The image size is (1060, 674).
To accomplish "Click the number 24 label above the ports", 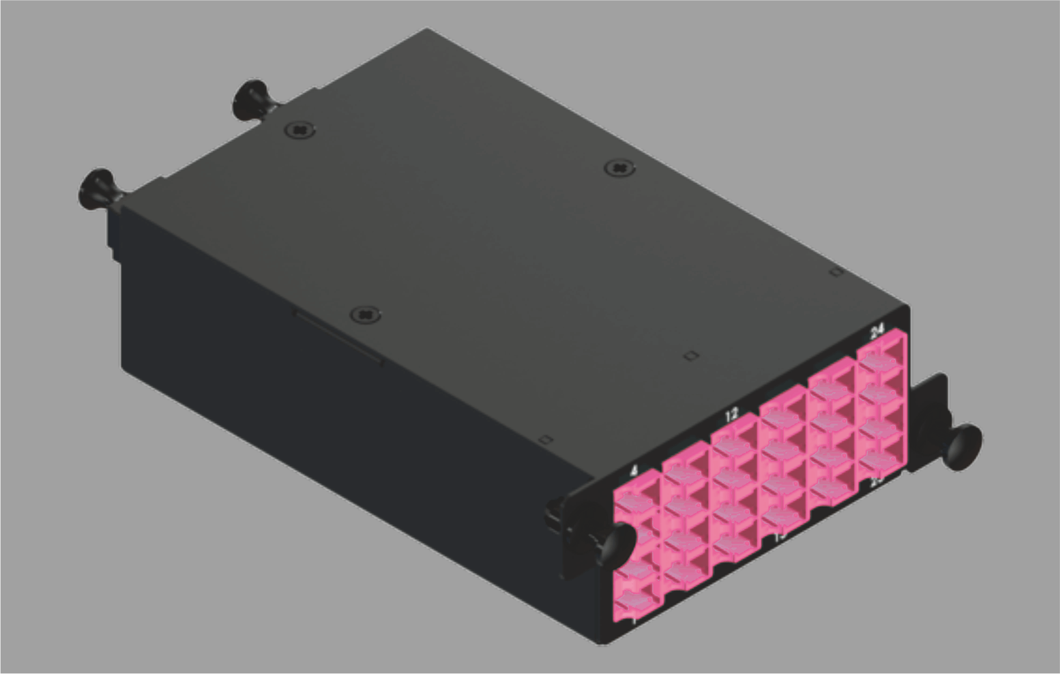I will [877, 332].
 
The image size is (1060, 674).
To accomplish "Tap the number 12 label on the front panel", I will [731, 415].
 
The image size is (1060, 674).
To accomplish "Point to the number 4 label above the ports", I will [635, 470].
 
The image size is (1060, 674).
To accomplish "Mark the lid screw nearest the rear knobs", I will [299, 131].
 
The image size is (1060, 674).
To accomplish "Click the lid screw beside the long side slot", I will [365, 314].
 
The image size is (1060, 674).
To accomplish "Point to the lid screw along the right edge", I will [619, 168].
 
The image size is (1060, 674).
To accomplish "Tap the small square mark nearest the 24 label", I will [836, 273].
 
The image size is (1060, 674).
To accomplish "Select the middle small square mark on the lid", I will [691, 356].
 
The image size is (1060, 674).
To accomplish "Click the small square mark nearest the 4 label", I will [545, 440].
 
